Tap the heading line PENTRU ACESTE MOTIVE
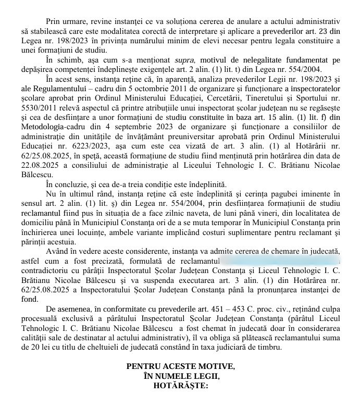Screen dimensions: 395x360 [180, 366]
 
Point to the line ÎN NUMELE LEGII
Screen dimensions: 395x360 [180, 376]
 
